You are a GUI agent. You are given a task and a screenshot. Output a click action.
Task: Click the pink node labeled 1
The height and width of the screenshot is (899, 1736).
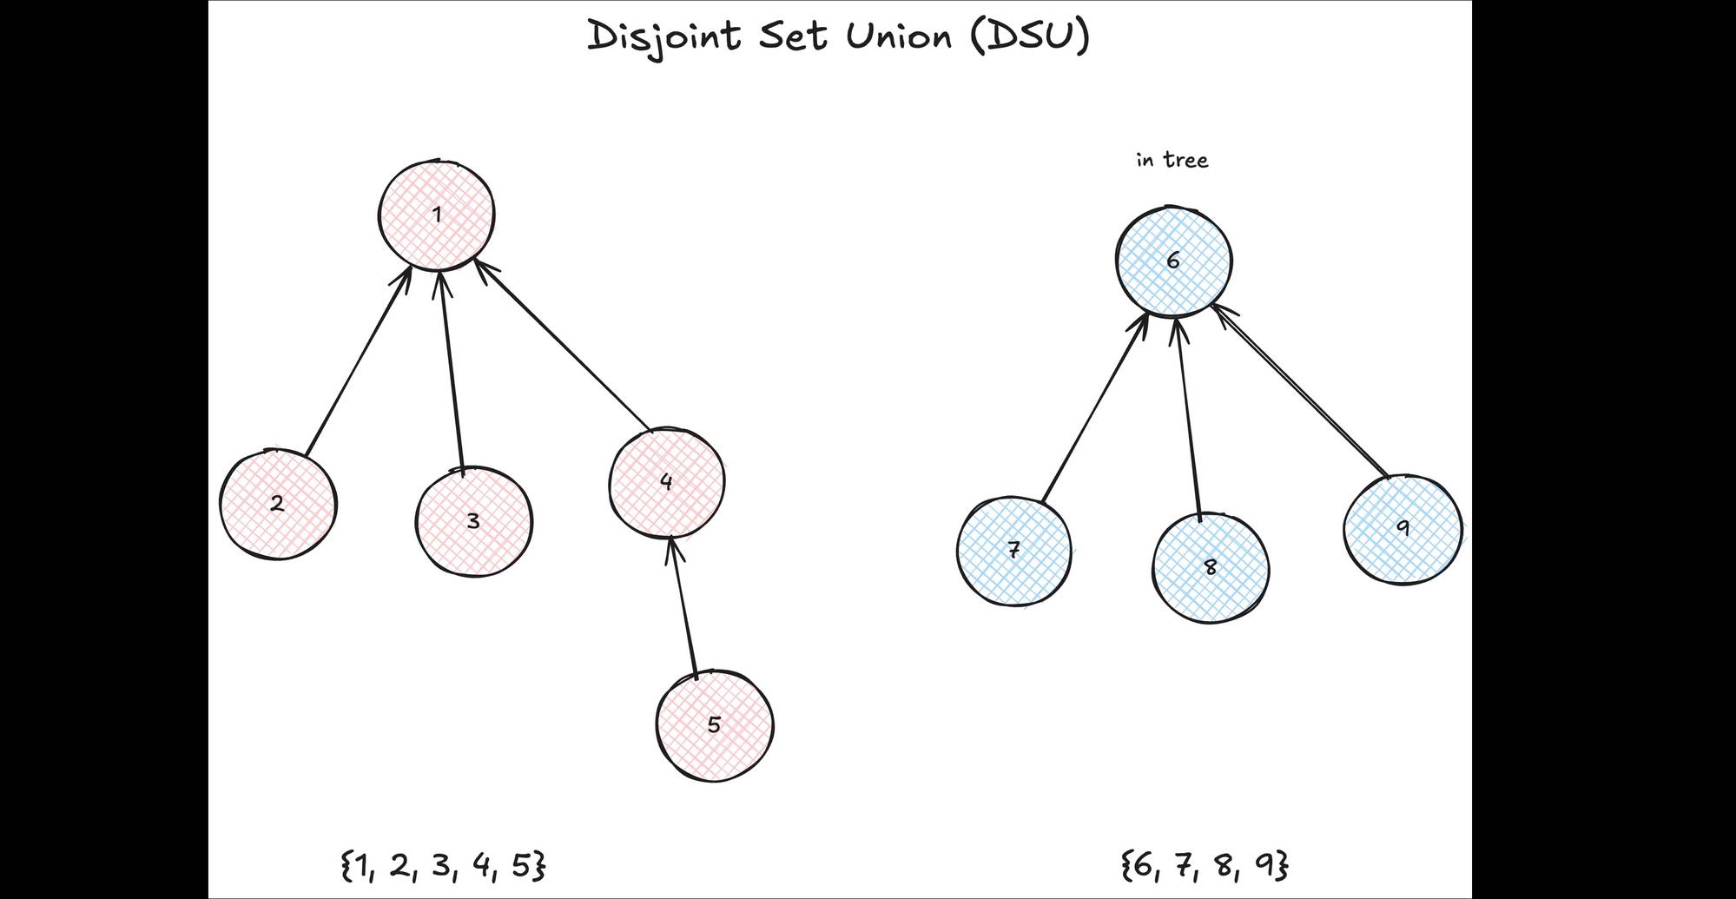pos(437,215)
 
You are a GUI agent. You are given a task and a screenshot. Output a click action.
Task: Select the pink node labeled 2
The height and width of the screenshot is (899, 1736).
pos(277,504)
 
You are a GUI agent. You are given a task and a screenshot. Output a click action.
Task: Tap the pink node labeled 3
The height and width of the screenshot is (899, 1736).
pos(473,521)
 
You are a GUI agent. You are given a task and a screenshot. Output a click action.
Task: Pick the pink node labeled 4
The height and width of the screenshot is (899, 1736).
pos(666,482)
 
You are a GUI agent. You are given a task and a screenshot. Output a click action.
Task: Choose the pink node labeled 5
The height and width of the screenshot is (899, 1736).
pos(714,725)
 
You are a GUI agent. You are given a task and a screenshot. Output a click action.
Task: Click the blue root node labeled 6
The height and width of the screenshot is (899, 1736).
pos(1173,261)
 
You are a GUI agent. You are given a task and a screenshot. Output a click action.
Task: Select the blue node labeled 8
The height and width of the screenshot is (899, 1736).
pos(1211,568)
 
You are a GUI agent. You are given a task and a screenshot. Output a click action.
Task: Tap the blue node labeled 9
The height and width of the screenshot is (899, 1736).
pos(1403,528)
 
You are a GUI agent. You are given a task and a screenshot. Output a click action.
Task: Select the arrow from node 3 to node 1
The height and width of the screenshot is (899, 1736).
pos(452,369)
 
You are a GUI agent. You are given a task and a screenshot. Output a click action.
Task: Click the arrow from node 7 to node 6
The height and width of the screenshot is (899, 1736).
pos(1094,408)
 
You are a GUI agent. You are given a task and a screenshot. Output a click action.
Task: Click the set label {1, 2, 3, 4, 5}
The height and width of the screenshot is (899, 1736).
pos(444,866)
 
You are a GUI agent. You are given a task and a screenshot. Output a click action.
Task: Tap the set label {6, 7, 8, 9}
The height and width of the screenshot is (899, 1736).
pos(1205,866)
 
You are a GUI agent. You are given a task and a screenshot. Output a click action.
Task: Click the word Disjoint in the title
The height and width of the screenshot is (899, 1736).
pos(664,37)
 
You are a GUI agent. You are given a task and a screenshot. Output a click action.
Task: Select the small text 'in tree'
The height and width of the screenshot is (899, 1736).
pos(1172,161)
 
